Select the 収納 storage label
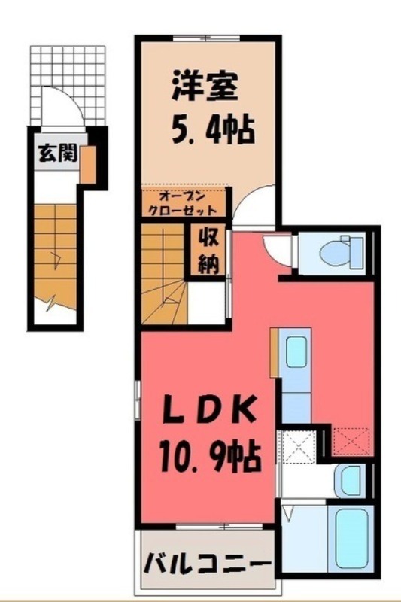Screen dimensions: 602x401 (208, 251)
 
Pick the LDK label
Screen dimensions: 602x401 (208, 413)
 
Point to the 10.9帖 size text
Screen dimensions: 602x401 (208, 454)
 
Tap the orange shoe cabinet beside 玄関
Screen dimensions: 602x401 (89, 163)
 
